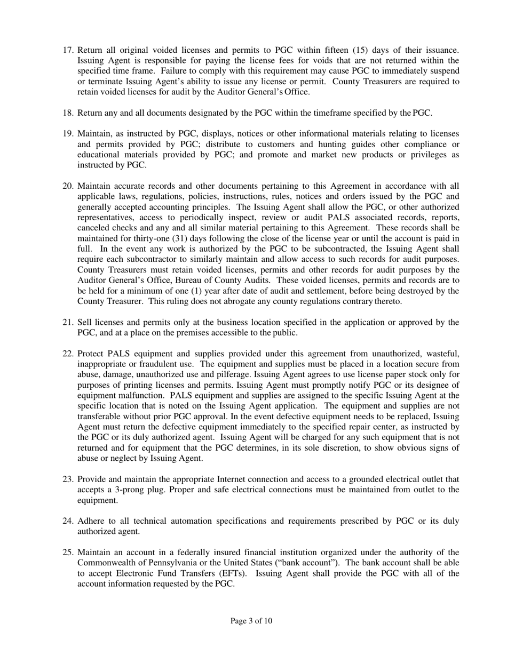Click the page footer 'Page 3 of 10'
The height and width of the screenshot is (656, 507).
coord(251,621)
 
